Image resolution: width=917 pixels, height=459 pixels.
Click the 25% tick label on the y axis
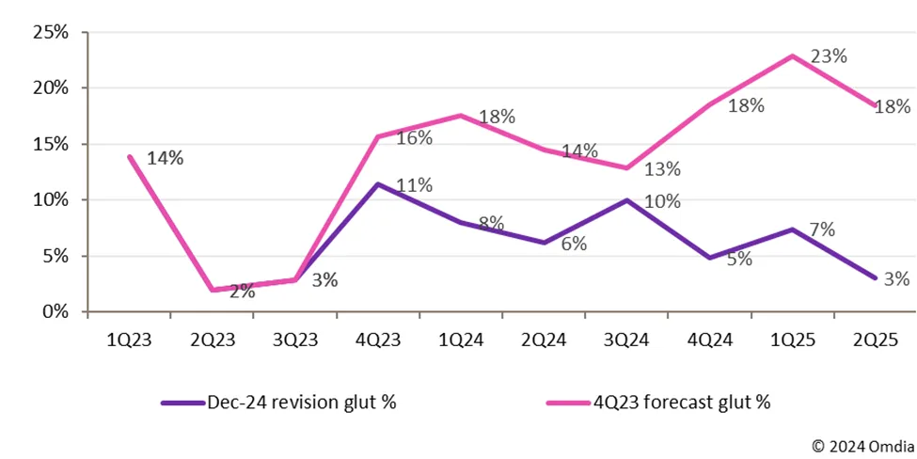[49, 32]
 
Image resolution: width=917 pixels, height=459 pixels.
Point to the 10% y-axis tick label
[49, 199]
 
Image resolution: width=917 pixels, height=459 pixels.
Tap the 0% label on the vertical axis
[55, 311]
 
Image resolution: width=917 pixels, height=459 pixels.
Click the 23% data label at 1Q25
[829, 55]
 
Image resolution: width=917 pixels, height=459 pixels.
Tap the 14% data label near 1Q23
[165, 157]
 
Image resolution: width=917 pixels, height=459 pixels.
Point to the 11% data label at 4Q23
[414, 185]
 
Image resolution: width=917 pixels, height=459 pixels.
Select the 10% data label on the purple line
[662, 199]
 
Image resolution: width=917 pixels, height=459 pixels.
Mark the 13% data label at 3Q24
[662, 169]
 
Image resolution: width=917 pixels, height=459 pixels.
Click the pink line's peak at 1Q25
[793, 55]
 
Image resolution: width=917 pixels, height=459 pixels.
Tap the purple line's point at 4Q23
[378, 183]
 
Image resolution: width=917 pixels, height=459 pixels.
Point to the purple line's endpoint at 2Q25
[875, 277]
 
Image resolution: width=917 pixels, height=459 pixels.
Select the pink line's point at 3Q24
[626, 167]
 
